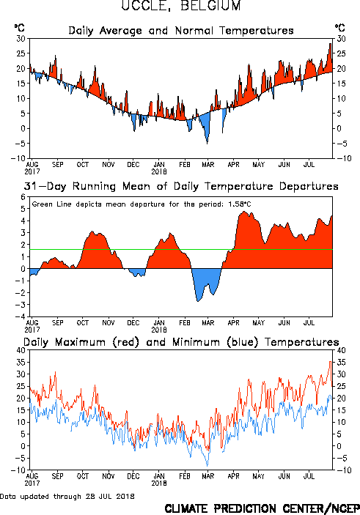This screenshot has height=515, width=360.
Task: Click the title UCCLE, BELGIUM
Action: pyautogui.click(x=181, y=5)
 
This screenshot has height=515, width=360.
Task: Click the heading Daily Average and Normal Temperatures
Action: pyautogui.click(x=181, y=31)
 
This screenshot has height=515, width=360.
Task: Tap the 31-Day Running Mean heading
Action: pyautogui.click(x=181, y=186)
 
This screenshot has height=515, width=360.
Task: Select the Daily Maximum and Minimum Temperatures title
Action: pyautogui.click(x=181, y=342)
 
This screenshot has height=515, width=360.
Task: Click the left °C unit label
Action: pyautogui.click(x=19, y=28)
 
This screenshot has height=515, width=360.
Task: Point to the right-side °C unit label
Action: pyautogui.click(x=340, y=28)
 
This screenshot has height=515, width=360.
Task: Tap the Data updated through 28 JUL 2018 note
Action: pyautogui.click(x=67, y=496)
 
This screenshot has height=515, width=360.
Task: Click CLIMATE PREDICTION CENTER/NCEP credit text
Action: pyautogui.click(x=262, y=508)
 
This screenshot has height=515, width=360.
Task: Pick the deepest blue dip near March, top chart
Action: pyautogui.click(x=207, y=144)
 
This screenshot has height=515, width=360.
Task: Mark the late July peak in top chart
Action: pyautogui.click(x=331, y=44)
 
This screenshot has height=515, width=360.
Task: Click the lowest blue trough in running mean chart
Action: pyautogui.click(x=198, y=301)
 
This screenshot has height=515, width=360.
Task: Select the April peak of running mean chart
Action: pyautogui.click(x=243, y=212)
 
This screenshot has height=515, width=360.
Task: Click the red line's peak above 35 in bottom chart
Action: pyautogui.click(x=331, y=362)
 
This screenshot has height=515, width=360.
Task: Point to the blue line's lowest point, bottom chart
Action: pyautogui.click(x=207, y=466)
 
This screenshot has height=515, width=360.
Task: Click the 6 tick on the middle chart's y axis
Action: pyautogui.click(x=23, y=197)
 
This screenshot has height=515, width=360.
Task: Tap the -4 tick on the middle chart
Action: pyautogui.click(x=21, y=316)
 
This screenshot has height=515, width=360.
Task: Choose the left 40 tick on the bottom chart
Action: pyautogui.click(x=21, y=350)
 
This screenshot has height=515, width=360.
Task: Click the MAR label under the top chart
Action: pyautogui.click(x=208, y=164)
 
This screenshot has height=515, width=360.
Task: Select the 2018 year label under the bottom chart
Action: pyautogui.click(x=159, y=483)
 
